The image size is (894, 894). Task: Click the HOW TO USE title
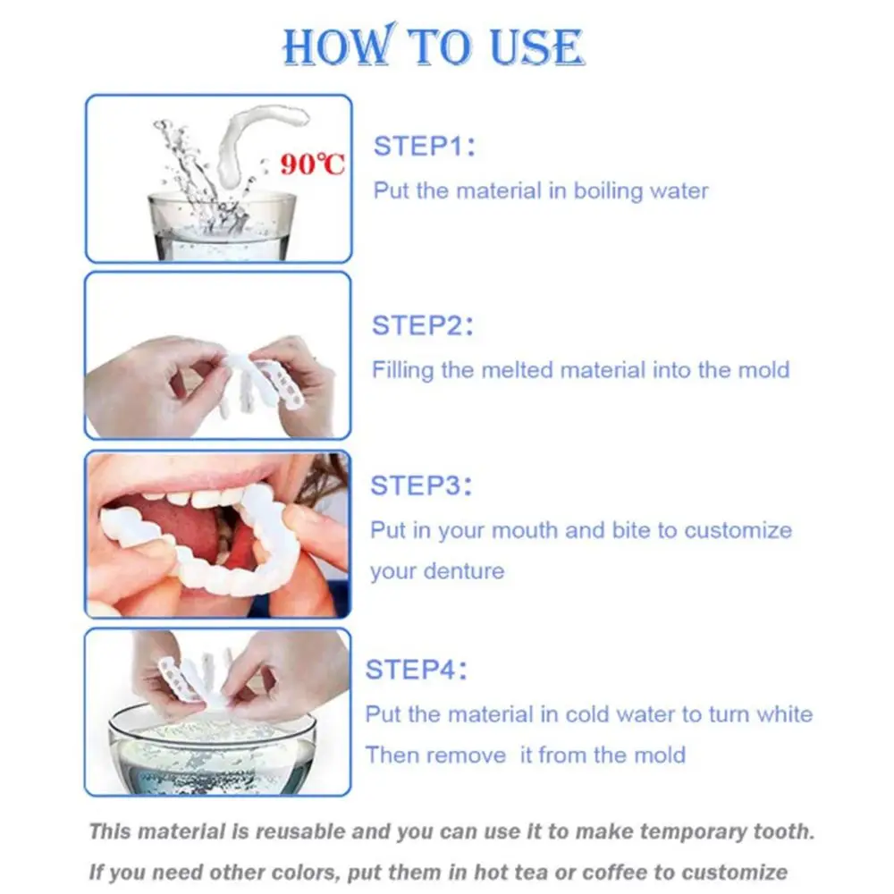(433, 46)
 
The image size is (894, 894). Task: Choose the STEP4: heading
(417, 670)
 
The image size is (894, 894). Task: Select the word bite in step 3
(631, 530)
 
